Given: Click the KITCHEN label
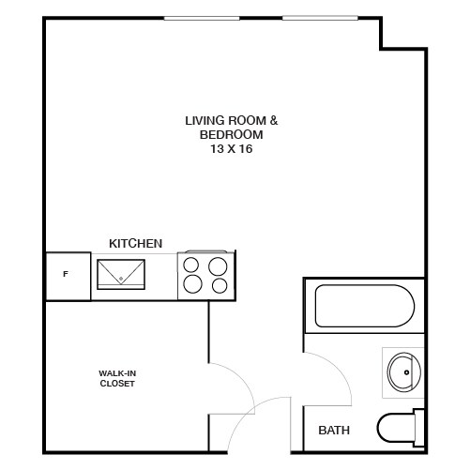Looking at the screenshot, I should [x=136, y=243].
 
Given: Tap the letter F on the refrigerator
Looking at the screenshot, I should [x=65, y=275].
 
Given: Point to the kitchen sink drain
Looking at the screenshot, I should [x=121, y=279].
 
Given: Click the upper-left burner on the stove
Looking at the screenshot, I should [x=192, y=264].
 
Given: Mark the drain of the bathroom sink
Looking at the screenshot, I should [x=406, y=372].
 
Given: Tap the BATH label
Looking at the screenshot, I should [x=334, y=432].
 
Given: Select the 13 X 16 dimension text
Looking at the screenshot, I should [x=231, y=148].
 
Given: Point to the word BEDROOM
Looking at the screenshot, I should [x=231, y=135].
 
